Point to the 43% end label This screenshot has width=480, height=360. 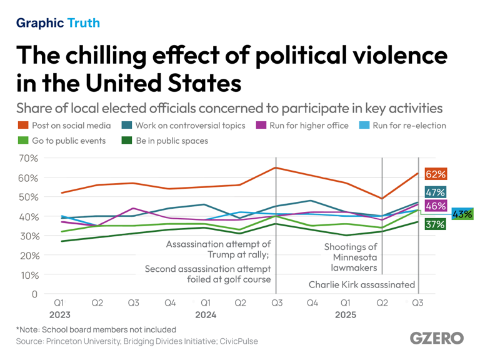[x=462, y=214]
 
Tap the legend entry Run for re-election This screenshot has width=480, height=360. [x=409, y=126]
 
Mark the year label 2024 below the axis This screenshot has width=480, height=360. [x=206, y=315]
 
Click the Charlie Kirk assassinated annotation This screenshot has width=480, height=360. [x=362, y=284]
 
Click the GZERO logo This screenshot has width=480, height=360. [x=437, y=338]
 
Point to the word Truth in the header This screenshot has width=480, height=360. [x=84, y=23]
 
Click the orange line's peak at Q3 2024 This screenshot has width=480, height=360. [x=276, y=167]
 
